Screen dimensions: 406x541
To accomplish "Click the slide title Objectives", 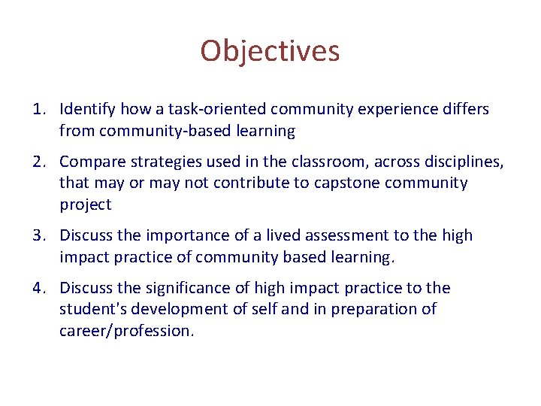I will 270,51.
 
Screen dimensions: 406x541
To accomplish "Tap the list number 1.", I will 39,110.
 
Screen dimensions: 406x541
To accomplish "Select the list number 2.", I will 39,162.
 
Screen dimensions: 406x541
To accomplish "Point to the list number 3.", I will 39,236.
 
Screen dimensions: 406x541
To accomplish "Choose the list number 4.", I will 39,288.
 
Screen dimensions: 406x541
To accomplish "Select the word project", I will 85,205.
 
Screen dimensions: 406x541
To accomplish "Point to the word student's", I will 91,309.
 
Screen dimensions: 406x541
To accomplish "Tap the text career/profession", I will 125,331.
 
